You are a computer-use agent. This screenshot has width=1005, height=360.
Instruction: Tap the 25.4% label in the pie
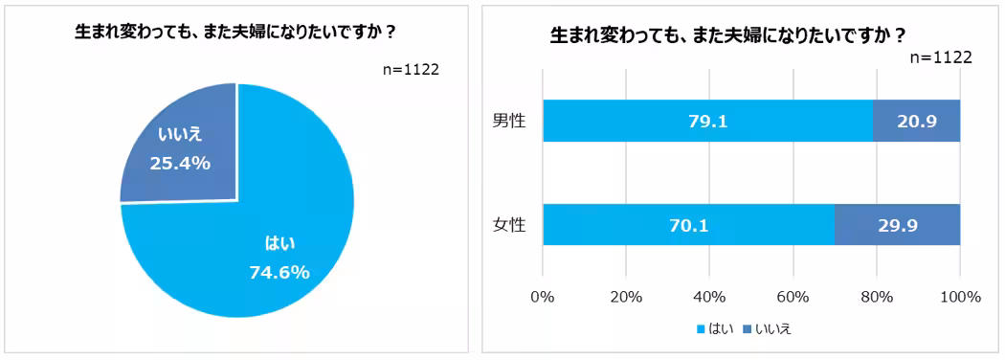point(180,163)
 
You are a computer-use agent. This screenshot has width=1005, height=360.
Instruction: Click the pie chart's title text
point(236,32)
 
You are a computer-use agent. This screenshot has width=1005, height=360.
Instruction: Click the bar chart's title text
point(727,36)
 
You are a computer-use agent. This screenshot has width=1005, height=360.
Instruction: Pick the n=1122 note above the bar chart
point(940,57)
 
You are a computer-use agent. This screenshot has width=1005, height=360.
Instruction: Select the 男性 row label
point(509,121)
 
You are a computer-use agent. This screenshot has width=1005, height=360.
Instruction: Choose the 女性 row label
point(509,229)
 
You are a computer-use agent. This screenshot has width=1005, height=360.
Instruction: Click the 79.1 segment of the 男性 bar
point(707,121)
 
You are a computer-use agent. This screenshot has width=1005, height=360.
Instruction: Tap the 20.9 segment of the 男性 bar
point(916,121)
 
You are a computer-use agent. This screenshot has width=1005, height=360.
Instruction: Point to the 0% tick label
point(543,297)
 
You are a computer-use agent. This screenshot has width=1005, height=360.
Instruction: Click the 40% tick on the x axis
point(709,297)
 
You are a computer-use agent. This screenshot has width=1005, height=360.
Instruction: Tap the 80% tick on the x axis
point(877,297)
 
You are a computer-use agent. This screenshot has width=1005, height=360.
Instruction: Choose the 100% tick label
point(960,297)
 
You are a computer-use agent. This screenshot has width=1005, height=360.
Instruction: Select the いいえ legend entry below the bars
point(769,328)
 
